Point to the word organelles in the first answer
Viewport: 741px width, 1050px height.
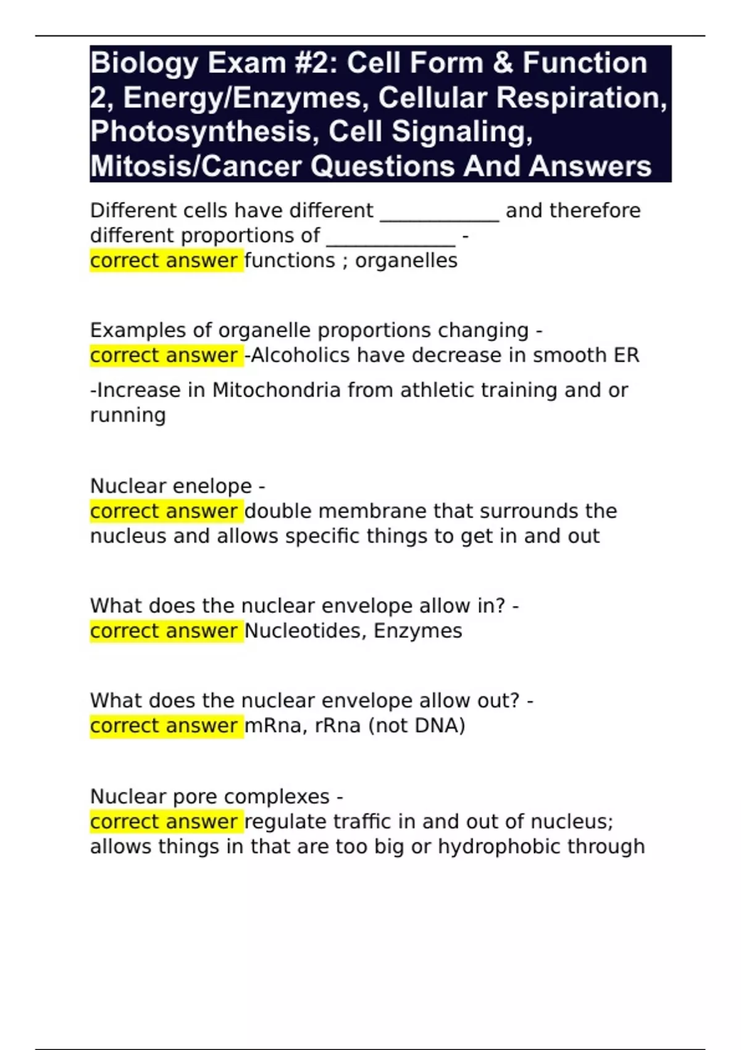click(406, 261)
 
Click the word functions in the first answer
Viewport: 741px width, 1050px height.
click(290, 261)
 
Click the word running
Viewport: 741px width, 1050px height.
click(128, 415)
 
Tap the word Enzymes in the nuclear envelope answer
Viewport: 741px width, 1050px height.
click(418, 631)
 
